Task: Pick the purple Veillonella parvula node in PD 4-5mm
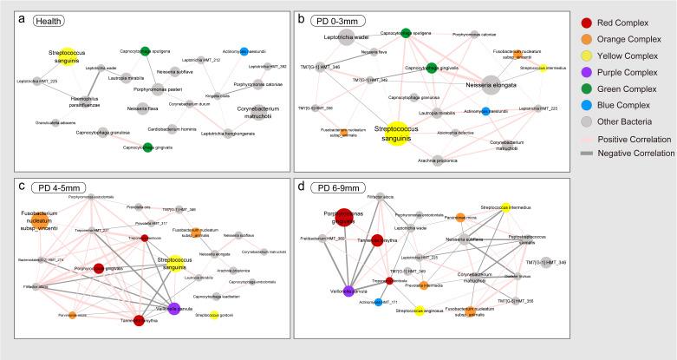[174, 308]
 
